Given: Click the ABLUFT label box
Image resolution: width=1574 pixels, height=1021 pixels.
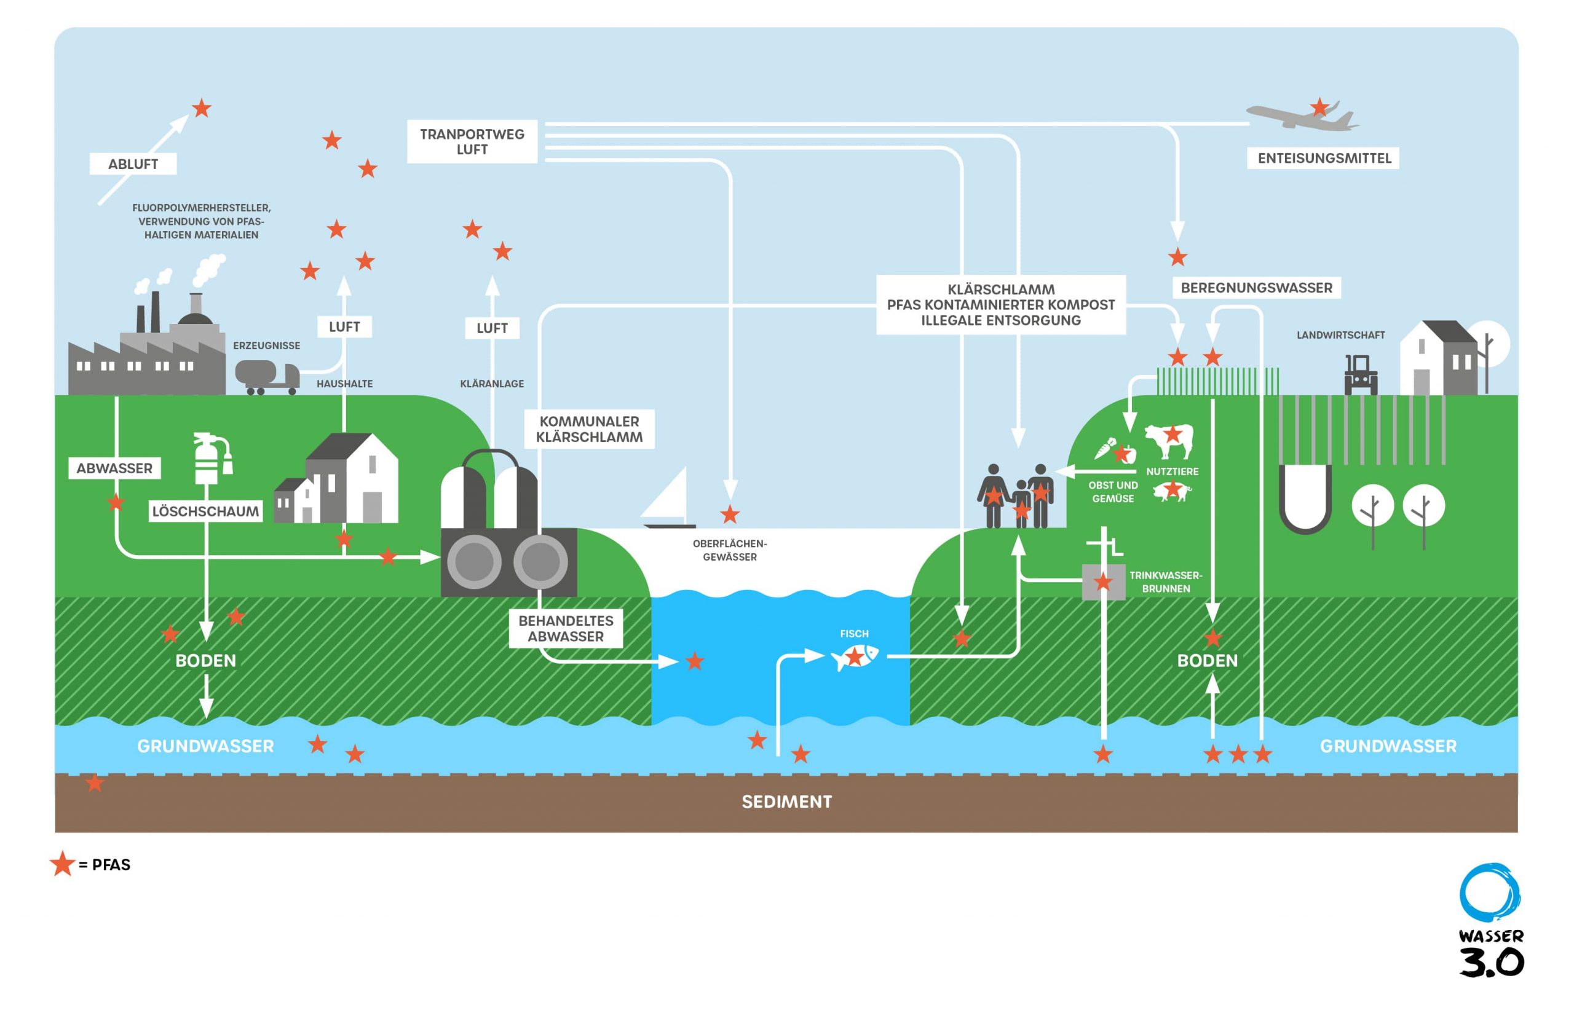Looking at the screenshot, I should click(x=133, y=164).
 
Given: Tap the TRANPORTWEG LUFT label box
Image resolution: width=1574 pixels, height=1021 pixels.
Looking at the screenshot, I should click(x=472, y=141).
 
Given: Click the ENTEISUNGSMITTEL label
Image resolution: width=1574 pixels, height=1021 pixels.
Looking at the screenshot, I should click(x=1323, y=158).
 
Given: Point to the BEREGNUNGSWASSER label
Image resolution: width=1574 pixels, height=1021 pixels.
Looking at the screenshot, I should click(x=1256, y=288).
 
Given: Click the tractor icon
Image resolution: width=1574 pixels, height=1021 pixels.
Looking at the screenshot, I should click(x=1361, y=375).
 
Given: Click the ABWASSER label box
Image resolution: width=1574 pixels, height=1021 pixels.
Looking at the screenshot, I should click(x=114, y=468).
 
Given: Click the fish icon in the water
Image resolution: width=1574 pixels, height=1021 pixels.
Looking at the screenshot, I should click(x=855, y=656).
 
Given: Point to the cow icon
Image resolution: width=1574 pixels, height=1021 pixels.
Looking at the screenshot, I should click(x=1169, y=440).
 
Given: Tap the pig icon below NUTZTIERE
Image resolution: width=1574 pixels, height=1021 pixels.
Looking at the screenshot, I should click(x=1171, y=491).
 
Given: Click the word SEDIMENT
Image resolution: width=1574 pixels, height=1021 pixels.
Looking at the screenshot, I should click(x=786, y=802).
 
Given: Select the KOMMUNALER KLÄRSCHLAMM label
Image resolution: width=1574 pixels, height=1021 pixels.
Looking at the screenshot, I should click(x=588, y=429).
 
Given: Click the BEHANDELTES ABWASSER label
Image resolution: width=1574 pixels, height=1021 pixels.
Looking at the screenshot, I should click(x=566, y=628).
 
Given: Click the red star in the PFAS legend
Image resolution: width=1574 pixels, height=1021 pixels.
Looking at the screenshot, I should click(x=62, y=864).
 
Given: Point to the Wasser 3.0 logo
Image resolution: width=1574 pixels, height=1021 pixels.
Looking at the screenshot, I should click(x=1490, y=920).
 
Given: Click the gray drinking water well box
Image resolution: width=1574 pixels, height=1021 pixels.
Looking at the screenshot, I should click(x=1103, y=582).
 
